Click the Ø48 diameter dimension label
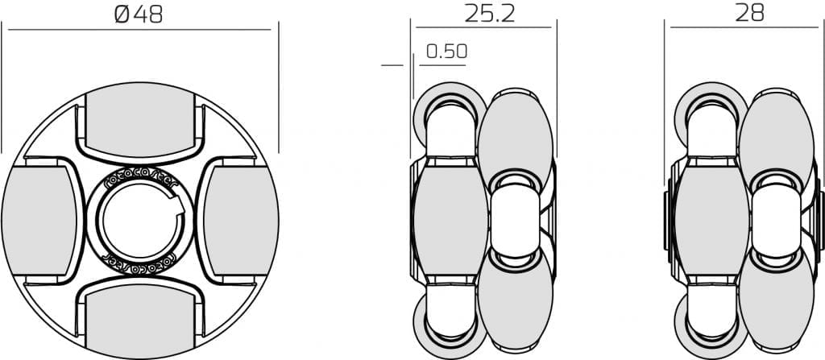139,14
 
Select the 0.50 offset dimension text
446,52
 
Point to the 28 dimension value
749,13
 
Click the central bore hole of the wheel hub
139,221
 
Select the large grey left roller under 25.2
450,217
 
